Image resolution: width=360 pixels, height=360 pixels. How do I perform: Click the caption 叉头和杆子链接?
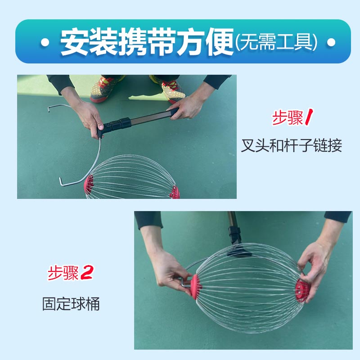tap(291, 146)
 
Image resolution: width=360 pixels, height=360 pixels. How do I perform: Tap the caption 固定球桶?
tap(71, 304)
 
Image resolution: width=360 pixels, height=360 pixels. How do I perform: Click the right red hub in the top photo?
tap(174, 193)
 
